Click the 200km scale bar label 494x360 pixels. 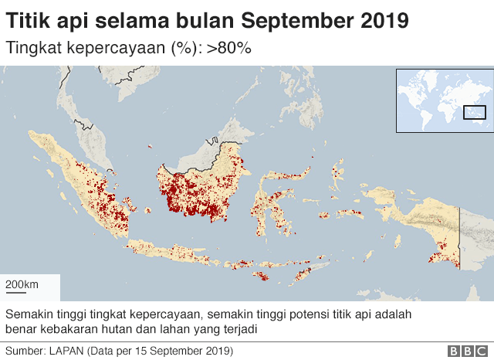click(22, 285)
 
